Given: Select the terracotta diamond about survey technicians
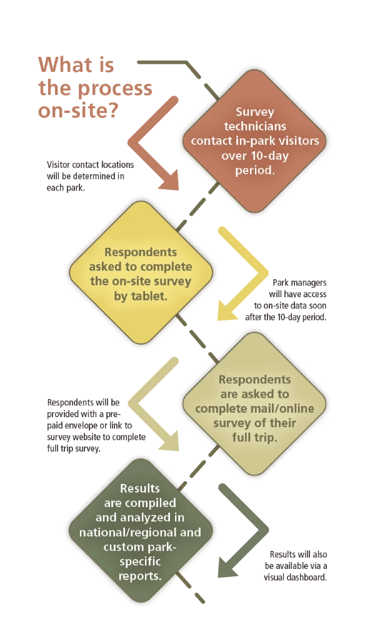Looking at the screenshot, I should click(x=255, y=141).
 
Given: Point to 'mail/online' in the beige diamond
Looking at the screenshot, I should click(x=279, y=408).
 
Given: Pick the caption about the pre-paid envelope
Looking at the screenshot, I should click(x=96, y=425).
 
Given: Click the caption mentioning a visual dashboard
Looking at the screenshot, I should click(x=296, y=566).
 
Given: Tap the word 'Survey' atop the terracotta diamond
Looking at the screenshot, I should click(x=255, y=112).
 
